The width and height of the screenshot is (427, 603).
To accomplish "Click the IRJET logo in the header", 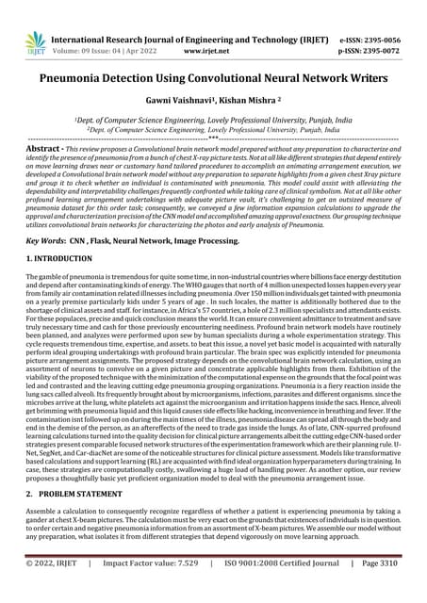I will coord(35,41).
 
